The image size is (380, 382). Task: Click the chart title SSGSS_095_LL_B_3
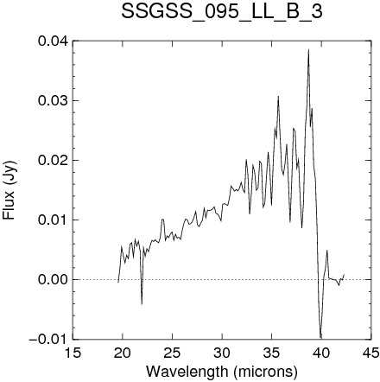pyautogui.click(x=222, y=12)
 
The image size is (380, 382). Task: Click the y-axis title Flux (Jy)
pyautogui.click(x=9, y=190)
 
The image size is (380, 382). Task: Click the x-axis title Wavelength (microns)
pyautogui.click(x=222, y=371)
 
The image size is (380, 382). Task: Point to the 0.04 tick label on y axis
pyautogui.click(x=53, y=41)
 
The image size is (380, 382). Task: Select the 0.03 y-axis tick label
pyautogui.click(x=53, y=100)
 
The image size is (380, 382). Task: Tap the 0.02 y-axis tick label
pyautogui.click(x=53, y=160)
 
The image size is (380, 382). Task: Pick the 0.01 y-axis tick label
pyautogui.click(x=53, y=220)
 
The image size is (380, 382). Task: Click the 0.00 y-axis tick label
pyautogui.click(x=53, y=279)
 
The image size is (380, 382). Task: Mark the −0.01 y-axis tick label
pyautogui.click(x=48, y=339)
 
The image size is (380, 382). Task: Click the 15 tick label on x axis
pyautogui.click(x=73, y=353)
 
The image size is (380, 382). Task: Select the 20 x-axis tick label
pyautogui.click(x=123, y=353)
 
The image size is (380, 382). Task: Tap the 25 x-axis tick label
pyautogui.click(x=172, y=353)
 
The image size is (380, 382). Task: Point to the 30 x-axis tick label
pyautogui.click(x=222, y=353)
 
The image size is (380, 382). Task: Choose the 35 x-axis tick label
pyautogui.click(x=271, y=353)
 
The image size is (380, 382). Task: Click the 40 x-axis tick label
pyautogui.click(x=321, y=353)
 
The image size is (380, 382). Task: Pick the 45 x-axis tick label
pyautogui.click(x=370, y=353)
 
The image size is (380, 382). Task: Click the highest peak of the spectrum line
pyautogui.click(x=308, y=49)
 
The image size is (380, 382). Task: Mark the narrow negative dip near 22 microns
pyautogui.click(x=142, y=303)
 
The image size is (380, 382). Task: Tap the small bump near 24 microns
pyautogui.click(x=162, y=220)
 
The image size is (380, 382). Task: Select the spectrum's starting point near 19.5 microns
pyautogui.click(x=118, y=283)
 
